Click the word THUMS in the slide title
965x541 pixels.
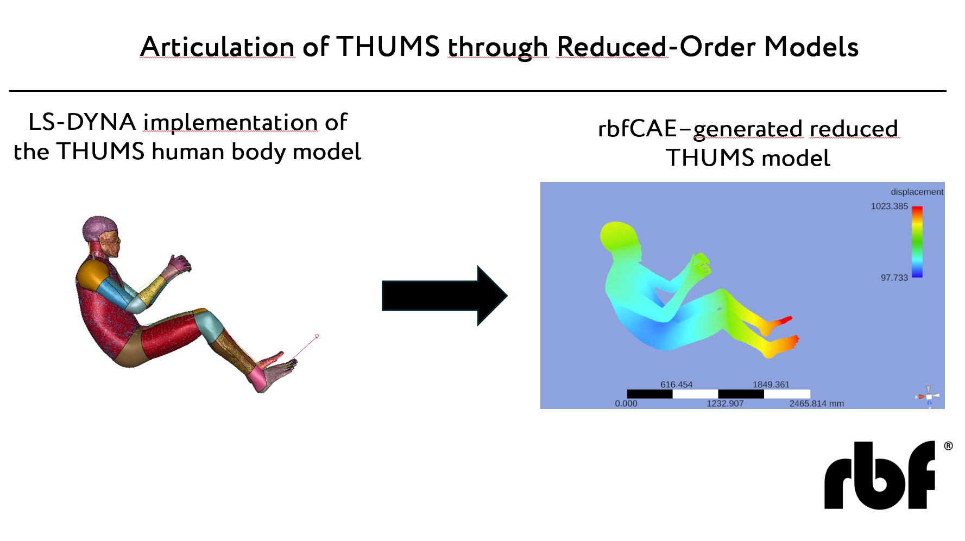[x=388, y=46]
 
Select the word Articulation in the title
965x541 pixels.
[x=217, y=46]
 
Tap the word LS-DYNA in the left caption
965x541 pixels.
[x=82, y=122]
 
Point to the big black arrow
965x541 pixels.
[x=444, y=296]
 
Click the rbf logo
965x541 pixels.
[x=880, y=475]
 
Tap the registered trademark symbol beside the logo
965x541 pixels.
[x=948, y=446]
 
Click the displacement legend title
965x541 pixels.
[x=917, y=192]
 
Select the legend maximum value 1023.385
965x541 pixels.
[x=890, y=206]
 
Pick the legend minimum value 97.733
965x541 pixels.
[x=894, y=278]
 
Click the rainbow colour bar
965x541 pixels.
[x=917, y=242]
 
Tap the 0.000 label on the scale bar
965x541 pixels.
[x=626, y=404]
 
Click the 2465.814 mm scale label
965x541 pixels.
[x=817, y=404]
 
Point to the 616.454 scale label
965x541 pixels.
[x=677, y=385]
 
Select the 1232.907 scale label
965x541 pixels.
[x=725, y=404]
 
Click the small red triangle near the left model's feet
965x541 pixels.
[x=317, y=337]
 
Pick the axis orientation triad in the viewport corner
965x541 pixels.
[x=928, y=397]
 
